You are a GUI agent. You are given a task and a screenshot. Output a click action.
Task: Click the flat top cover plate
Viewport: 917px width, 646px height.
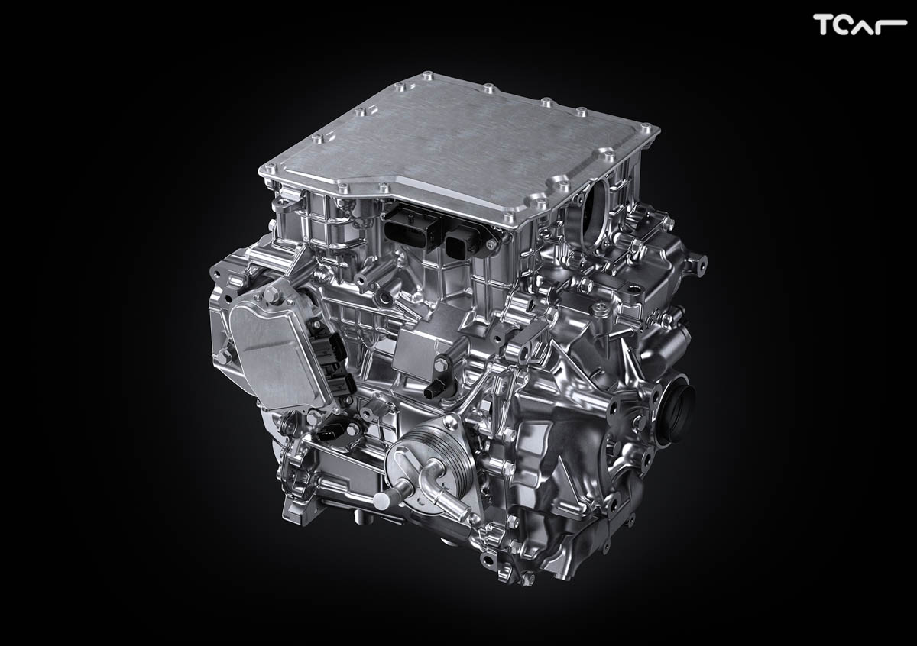click(x=459, y=147)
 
